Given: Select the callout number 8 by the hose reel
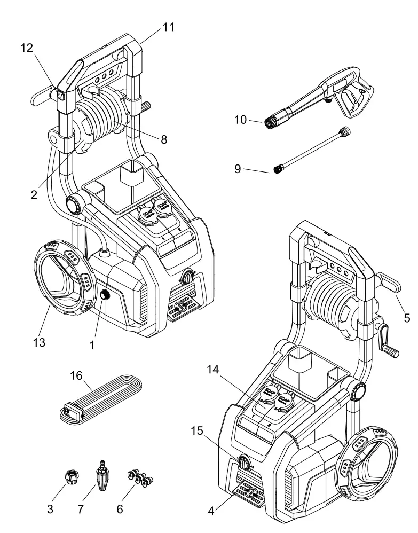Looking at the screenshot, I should point(163,140).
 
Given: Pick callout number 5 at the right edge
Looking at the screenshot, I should point(407,318).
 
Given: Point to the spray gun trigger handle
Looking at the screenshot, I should point(355,101).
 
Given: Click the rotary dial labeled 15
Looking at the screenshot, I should point(244,461).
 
